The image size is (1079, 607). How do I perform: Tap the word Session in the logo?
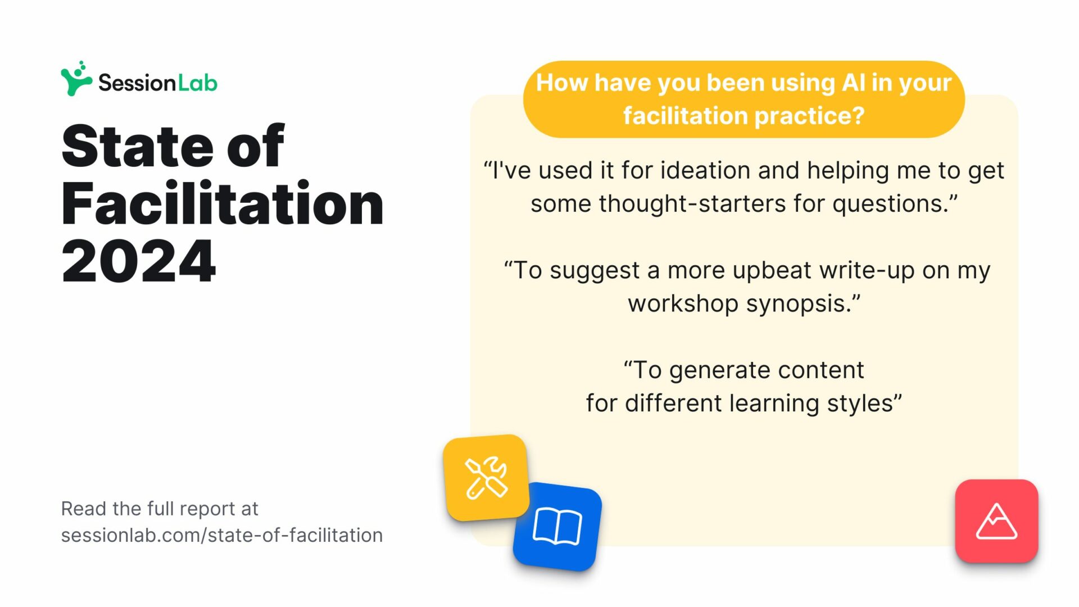137,83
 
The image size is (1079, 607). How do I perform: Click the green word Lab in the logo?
198,83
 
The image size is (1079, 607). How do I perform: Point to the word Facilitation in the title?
223,203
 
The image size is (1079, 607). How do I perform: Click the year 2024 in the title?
138,261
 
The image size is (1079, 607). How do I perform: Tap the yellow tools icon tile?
487,478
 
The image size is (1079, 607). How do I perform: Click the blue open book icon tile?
557,527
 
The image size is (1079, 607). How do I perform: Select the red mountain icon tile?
996,521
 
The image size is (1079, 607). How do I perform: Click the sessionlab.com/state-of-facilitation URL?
222,535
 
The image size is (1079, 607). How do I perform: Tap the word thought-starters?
692,203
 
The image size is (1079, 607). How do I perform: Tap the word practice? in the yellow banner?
809,116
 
